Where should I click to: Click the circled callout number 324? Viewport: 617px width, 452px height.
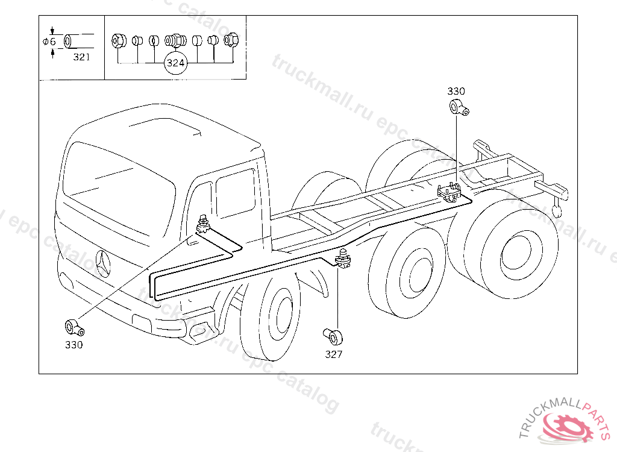[175, 63]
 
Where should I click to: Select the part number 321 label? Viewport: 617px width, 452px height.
[81, 57]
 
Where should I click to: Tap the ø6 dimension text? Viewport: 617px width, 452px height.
[49, 42]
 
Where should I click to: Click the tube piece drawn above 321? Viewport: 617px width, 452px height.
[75, 41]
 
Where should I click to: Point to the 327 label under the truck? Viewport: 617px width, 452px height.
[333, 354]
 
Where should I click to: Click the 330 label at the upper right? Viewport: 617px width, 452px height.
[456, 91]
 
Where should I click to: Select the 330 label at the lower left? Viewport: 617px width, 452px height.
[74, 345]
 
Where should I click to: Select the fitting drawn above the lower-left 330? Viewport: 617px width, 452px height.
[74, 327]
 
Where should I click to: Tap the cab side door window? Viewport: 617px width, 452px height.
[235, 192]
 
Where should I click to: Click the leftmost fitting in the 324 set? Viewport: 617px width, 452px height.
[117, 40]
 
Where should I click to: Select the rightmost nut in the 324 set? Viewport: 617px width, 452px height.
[232, 40]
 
